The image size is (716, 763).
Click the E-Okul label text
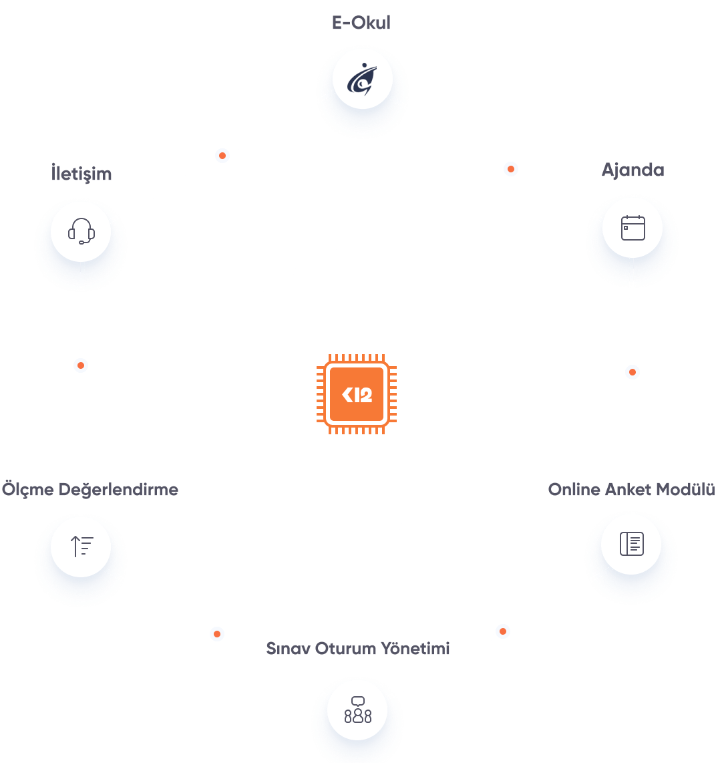(361, 23)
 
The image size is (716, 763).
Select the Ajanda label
(633, 170)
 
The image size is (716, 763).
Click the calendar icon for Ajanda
(633, 228)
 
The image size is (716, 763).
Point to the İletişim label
(81, 174)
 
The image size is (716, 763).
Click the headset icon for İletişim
(81, 231)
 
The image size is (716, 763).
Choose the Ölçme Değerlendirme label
(90, 489)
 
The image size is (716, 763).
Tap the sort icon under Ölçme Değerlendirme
(81, 547)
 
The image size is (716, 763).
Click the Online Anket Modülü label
(631, 489)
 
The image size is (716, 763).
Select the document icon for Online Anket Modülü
(631, 543)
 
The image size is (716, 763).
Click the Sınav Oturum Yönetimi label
(358, 648)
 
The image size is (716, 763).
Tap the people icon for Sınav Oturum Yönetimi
(358, 710)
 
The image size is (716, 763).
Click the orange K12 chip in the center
(357, 394)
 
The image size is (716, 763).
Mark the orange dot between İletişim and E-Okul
(222, 156)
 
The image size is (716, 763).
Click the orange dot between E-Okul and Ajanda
(511, 170)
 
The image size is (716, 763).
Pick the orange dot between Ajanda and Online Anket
(633, 372)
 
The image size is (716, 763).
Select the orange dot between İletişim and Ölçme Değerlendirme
(81, 365)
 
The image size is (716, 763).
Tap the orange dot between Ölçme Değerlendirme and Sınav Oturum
(216, 633)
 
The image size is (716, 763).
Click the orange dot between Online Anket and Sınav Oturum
(503, 631)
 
